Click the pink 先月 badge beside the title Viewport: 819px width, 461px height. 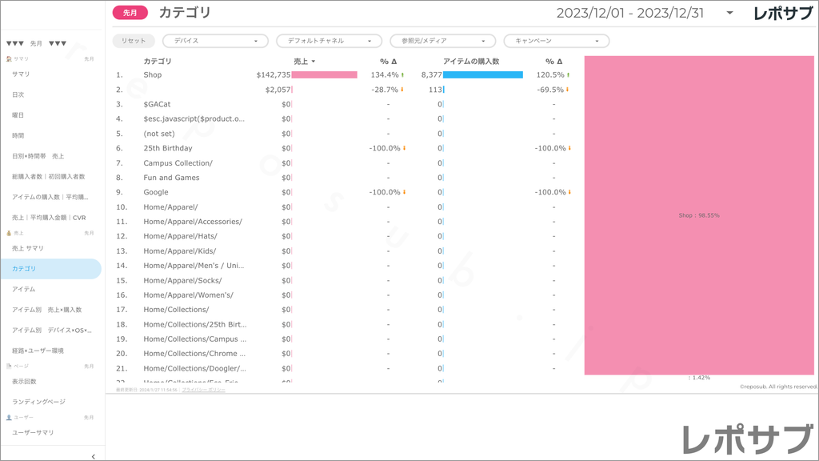click(130, 13)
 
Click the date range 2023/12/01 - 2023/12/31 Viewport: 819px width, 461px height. click(631, 13)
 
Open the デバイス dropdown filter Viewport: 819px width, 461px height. click(215, 41)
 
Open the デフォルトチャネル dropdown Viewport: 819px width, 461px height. click(329, 41)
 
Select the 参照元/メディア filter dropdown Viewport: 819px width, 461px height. click(442, 41)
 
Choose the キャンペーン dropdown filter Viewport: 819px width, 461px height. click(556, 41)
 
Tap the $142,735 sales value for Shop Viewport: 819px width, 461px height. click(274, 74)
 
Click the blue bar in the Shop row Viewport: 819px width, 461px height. click(482, 74)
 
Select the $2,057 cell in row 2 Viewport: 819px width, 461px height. click(278, 90)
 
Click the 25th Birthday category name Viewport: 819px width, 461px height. click(168, 148)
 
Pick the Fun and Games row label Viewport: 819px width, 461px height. click(171, 178)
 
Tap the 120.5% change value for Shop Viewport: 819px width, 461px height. click(550, 74)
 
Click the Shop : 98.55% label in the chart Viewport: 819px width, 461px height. click(698, 215)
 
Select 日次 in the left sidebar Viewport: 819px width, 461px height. click(18, 94)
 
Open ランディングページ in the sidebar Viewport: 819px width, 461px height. click(38, 402)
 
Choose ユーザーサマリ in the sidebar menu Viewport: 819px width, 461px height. click(33, 432)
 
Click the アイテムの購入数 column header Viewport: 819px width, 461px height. click(471, 61)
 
